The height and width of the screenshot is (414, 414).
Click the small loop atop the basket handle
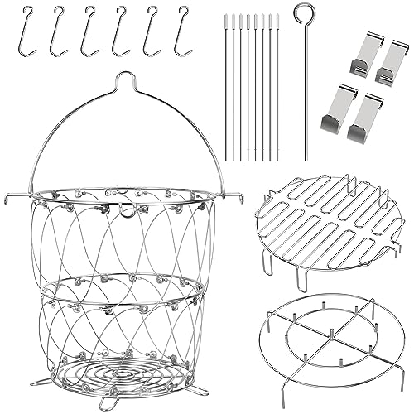click(x=123, y=79)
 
